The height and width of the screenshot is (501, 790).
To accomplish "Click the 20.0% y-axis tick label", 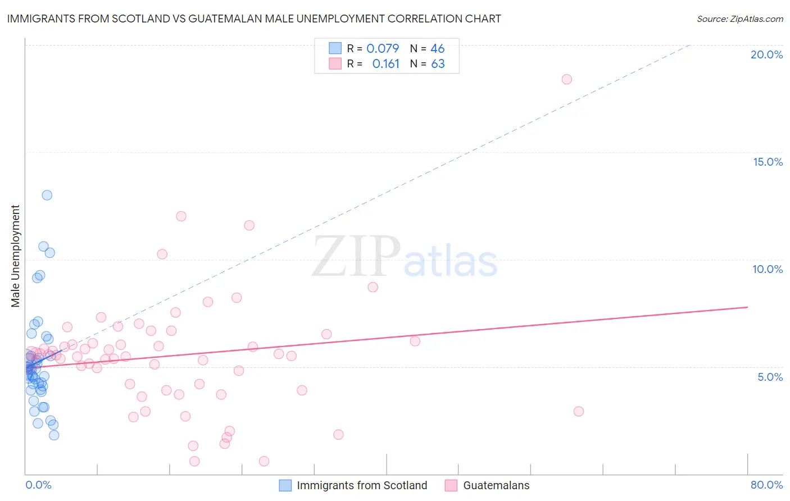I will [x=766, y=54].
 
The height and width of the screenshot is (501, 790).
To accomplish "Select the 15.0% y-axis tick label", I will [x=768, y=162].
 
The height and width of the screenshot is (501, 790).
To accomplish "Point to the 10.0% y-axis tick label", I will [x=768, y=269].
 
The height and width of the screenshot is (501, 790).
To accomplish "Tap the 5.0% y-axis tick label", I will [x=770, y=377].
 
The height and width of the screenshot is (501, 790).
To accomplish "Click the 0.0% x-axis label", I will [x=38, y=485].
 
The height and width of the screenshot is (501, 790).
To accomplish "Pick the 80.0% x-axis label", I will [x=766, y=485].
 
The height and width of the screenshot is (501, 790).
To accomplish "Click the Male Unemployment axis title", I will [x=15, y=256].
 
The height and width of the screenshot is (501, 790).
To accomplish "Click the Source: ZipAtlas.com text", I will [x=739, y=19].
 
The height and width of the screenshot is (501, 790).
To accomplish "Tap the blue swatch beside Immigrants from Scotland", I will [x=285, y=485].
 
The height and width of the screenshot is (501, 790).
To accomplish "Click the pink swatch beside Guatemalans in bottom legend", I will [x=451, y=485].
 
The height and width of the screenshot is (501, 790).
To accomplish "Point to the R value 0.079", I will [x=383, y=48].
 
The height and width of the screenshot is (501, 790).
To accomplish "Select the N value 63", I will [x=438, y=64].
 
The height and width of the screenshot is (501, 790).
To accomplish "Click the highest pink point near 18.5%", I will [x=566, y=79].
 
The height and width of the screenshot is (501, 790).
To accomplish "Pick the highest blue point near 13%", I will [x=47, y=195].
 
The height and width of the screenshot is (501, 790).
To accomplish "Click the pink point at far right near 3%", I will [x=579, y=411].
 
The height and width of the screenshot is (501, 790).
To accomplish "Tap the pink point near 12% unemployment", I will [x=181, y=216].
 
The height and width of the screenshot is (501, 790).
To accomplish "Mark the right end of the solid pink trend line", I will [x=747, y=307].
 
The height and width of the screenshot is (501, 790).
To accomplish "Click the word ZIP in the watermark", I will [x=356, y=257].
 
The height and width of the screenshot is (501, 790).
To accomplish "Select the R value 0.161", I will [x=385, y=64].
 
